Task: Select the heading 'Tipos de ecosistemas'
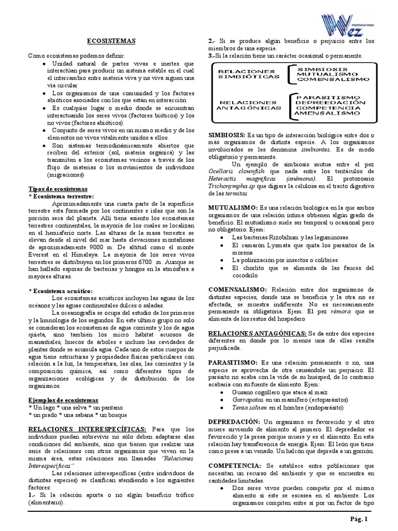(57, 189)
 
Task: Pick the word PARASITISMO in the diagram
(325, 97)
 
